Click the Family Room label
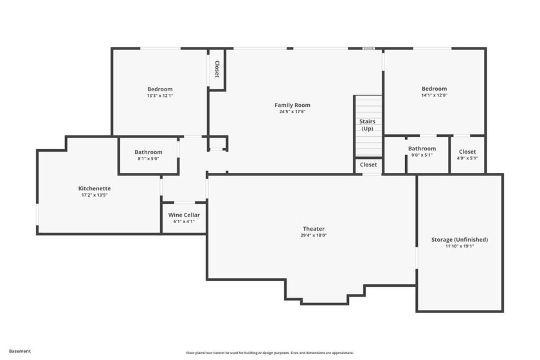tap(292, 105)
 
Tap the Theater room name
tap(314, 229)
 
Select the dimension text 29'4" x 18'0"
tap(314, 235)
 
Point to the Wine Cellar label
tap(184, 215)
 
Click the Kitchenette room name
tap(94, 188)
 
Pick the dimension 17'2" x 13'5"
tap(94, 195)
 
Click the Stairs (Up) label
tap(368, 125)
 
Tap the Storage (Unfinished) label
tap(460, 240)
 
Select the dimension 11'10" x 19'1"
tap(460, 246)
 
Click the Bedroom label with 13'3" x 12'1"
tap(160, 89)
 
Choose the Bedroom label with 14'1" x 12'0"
tap(434, 89)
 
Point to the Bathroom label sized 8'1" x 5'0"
tap(148, 152)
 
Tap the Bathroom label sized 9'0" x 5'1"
tap(422, 149)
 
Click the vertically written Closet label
tap(217, 69)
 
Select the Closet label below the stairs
tap(368, 165)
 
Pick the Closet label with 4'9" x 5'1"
tap(467, 152)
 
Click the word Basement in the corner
tap(20, 352)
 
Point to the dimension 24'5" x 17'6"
tap(292, 112)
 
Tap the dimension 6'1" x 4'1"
tap(184, 222)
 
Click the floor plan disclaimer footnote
tap(270, 353)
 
